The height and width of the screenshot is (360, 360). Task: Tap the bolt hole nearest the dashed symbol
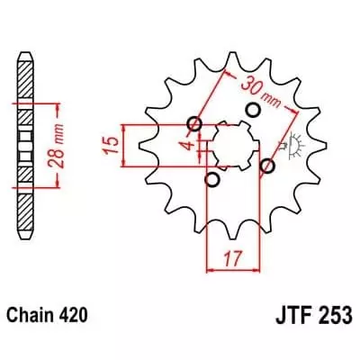pyautogui.click(x=266, y=166)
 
